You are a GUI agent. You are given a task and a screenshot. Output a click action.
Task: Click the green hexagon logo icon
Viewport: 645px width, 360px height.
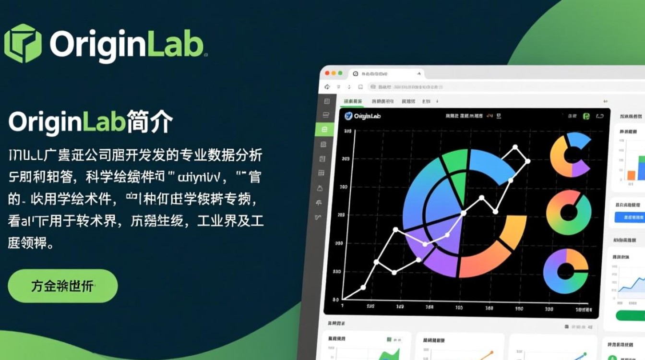[23, 43]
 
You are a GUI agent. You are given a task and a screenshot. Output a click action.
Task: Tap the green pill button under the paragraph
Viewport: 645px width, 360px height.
[62, 286]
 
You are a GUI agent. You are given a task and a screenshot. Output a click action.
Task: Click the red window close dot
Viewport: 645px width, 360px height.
[328, 73]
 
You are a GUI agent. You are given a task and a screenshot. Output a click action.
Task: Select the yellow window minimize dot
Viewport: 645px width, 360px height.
[334, 73]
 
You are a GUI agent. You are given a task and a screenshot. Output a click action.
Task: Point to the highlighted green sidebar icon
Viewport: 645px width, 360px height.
[324, 129]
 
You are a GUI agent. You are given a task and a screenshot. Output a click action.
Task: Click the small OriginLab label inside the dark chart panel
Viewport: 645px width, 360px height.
[363, 116]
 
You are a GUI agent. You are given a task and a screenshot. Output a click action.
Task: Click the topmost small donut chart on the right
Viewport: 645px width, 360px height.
[570, 155]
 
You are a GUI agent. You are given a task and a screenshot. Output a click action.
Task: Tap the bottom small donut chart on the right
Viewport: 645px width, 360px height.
[566, 271]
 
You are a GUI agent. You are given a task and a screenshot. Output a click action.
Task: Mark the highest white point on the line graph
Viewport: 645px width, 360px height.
[515, 147]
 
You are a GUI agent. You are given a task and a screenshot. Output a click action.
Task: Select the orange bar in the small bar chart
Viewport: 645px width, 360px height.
[631, 175]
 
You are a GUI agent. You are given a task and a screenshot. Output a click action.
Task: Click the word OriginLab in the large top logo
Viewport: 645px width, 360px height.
[127, 44]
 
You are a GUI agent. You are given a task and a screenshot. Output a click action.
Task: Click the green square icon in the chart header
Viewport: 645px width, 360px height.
[586, 116]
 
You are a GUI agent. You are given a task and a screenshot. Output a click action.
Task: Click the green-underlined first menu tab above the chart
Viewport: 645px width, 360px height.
[353, 101]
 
